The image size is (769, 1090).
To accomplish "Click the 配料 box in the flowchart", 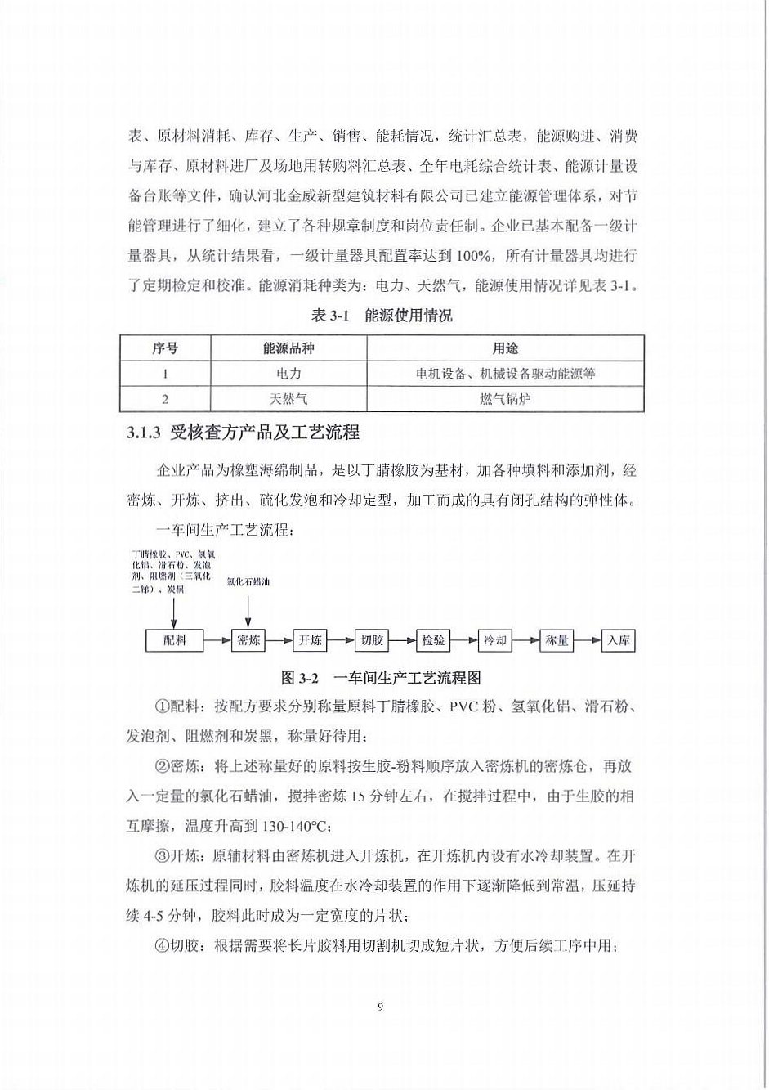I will click(x=175, y=640).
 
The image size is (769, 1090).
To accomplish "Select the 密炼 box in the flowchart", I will click(x=248, y=640).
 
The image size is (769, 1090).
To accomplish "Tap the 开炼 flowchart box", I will click(x=310, y=640).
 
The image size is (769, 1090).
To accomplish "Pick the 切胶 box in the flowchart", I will click(x=372, y=640).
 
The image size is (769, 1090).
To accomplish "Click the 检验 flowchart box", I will click(x=433, y=640).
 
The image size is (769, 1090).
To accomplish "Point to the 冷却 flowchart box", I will click(x=495, y=640).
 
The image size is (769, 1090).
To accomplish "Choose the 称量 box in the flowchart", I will click(x=557, y=640).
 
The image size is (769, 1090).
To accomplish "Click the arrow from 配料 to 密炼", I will click(x=217, y=640).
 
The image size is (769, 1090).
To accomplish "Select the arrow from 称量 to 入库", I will click(x=588, y=640).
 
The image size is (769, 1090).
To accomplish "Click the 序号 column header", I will click(x=165, y=348).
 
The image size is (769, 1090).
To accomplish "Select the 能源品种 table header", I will click(x=288, y=348).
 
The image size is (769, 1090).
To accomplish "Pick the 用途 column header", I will click(x=505, y=348).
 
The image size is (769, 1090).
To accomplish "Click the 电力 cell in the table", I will click(x=288, y=374).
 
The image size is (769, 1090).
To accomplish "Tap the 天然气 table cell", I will click(x=288, y=399).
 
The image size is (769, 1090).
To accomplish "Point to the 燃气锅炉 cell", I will click(x=505, y=399).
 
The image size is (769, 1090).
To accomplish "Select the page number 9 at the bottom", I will click(x=381, y=1007).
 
